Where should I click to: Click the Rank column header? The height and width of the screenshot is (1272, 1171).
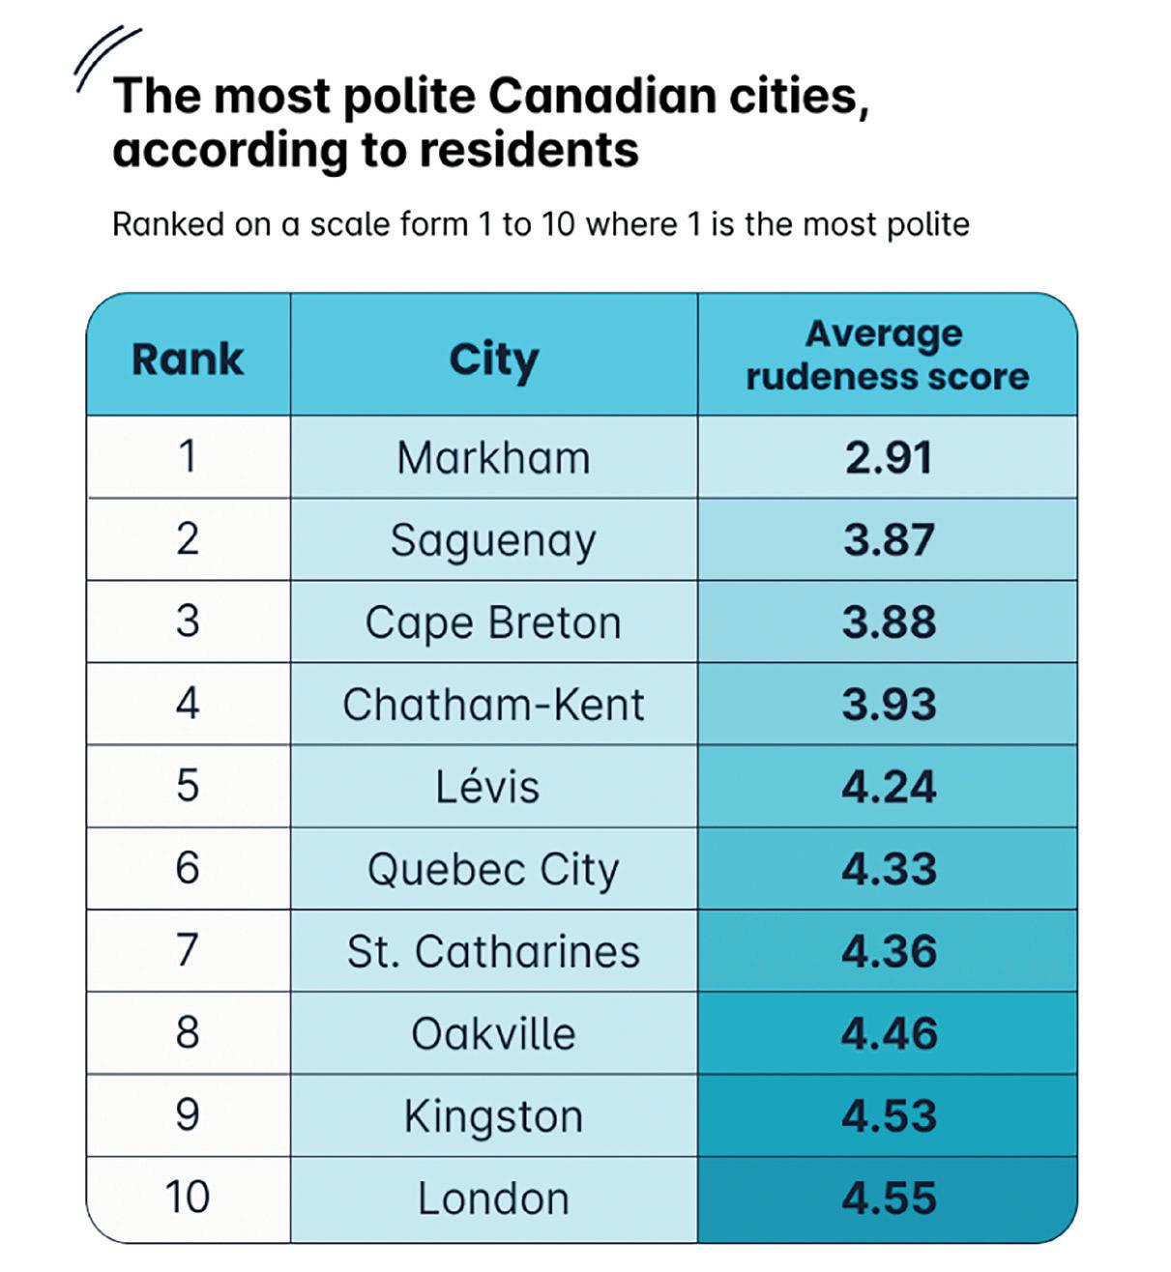click(188, 359)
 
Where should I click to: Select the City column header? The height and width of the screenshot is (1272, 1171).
click(493, 359)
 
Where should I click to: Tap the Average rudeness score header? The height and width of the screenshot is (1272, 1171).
click(887, 355)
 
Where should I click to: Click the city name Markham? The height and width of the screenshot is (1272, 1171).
click(493, 457)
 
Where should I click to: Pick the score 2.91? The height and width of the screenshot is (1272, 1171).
click(889, 457)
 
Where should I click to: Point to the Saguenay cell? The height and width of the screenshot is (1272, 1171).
click(493, 540)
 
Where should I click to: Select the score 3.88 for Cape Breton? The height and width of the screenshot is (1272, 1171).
click(889, 622)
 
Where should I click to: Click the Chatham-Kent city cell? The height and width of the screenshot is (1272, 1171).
click(493, 705)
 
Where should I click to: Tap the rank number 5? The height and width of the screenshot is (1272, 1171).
click(188, 786)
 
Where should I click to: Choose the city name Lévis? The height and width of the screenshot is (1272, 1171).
click(487, 786)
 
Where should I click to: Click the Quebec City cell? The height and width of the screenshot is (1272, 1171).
click(493, 869)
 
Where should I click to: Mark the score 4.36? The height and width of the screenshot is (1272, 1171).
click(889, 951)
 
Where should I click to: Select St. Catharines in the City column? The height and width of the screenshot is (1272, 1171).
click(493, 951)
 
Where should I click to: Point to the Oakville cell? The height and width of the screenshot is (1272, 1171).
click(493, 1033)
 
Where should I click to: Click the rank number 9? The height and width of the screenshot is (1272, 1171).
click(188, 1115)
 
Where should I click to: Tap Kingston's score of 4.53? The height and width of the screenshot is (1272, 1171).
click(889, 1115)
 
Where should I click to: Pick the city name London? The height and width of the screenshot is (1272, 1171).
click(493, 1199)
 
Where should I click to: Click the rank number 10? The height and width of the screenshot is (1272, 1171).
click(188, 1199)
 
